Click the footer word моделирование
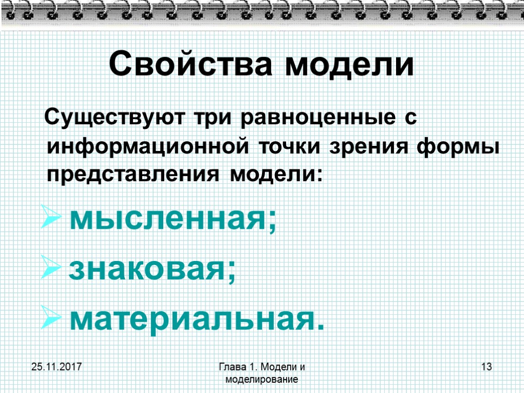click(261, 379)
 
